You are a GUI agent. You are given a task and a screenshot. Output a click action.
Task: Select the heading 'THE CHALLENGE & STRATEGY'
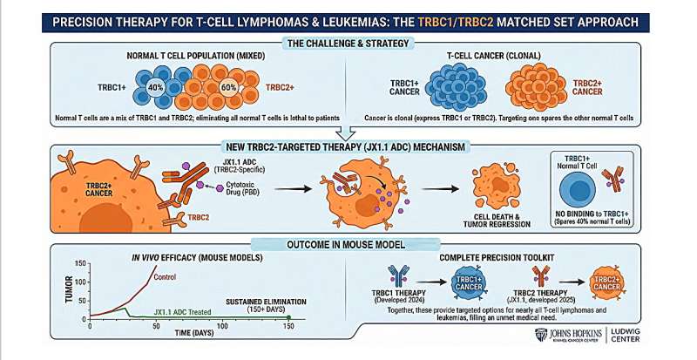click(x=348, y=44)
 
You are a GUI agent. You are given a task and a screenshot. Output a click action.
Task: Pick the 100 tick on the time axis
click(x=223, y=323)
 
